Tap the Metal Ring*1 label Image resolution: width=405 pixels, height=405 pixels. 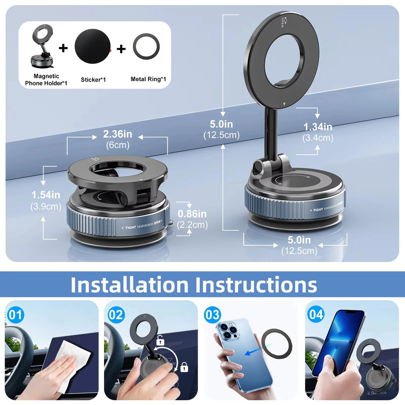148,79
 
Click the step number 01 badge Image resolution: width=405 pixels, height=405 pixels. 16,315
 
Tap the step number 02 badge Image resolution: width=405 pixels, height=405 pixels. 116,315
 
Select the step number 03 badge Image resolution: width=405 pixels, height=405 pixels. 212,315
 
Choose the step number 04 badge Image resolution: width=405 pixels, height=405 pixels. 316,315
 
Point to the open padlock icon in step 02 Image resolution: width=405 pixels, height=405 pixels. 160,340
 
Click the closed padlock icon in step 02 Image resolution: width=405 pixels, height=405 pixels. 184,367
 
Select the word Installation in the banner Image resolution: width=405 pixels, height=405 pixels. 130,284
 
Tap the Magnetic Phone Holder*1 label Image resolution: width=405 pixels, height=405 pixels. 46,79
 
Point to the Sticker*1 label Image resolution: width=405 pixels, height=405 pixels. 93,79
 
